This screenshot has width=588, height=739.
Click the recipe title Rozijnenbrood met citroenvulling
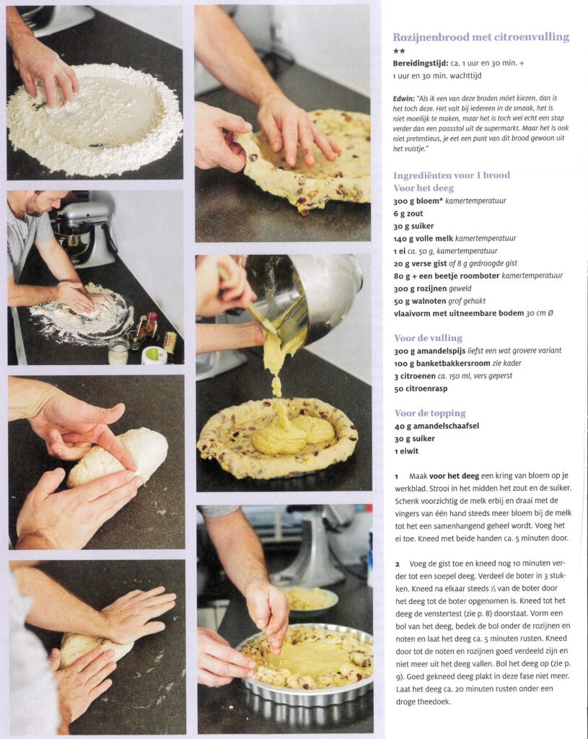(481, 37)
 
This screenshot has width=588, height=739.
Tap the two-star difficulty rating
(399, 51)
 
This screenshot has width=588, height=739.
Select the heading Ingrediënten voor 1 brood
(452, 175)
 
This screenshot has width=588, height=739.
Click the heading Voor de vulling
(429, 338)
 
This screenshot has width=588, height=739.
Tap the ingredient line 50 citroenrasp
(421, 389)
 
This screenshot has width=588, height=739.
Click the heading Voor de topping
(430, 414)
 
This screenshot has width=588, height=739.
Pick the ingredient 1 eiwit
(407, 451)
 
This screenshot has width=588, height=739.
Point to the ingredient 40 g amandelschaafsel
(436, 426)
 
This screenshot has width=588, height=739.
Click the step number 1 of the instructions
(397, 476)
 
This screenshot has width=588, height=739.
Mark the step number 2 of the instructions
(398, 564)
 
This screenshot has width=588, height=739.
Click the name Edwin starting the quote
(403, 98)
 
